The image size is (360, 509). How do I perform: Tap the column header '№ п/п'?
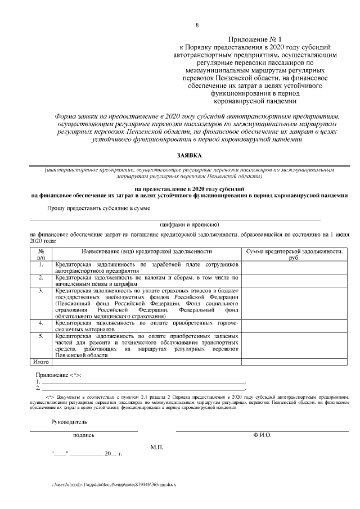40,254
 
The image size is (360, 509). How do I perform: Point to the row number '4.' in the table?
40,323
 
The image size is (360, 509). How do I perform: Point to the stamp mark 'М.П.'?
156,447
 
